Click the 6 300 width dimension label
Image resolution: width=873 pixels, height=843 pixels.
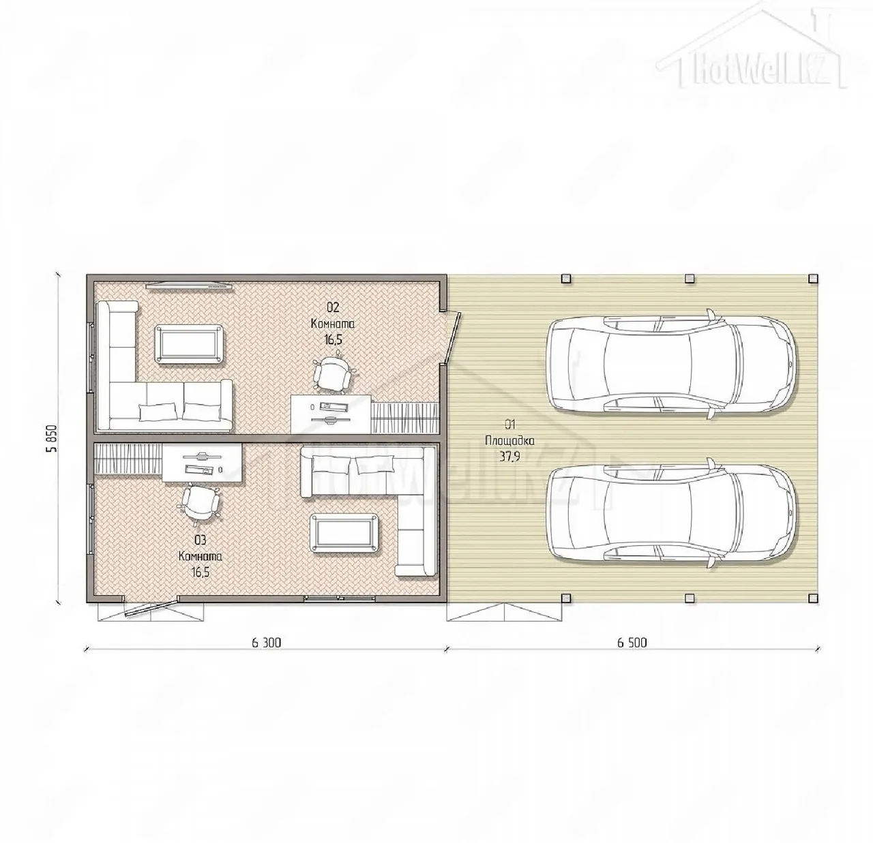pyautogui.click(x=267, y=642)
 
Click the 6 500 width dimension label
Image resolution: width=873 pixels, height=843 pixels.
pyautogui.click(x=632, y=642)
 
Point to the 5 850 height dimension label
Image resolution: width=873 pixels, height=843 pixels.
pyautogui.click(x=53, y=438)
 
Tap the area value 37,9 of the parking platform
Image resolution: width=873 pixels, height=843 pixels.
pyautogui.click(x=509, y=457)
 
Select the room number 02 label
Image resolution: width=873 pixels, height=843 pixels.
pyautogui.click(x=333, y=307)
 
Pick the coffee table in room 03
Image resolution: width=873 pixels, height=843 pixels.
pyautogui.click(x=344, y=532)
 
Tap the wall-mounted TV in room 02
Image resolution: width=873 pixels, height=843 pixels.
pyautogui.click(x=190, y=286)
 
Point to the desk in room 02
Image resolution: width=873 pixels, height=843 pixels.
pyautogui.click(x=331, y=414)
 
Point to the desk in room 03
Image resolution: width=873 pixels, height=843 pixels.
pyautogui.click(x=202, y=463)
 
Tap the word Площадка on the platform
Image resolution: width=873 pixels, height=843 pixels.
pyautogui.click(x=509, y=441)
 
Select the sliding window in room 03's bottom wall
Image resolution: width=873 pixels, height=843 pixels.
pyautogui.click(x=340, y=598)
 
